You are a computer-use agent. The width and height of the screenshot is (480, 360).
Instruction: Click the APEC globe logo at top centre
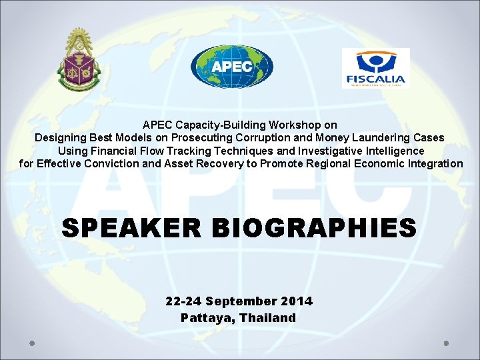pyautogui.click(x=231, y=67)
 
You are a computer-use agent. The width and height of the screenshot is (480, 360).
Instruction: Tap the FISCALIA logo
pyautogui.click(x=375, y=68)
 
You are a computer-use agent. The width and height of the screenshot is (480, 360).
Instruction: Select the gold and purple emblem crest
pyautogui.click(x=78, y=61)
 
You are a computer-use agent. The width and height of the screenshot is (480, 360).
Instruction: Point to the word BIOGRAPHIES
pyautogui.click(x=313, y=228)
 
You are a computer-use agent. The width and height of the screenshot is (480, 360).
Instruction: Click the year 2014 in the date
pyautogui.click(x=297, y=301)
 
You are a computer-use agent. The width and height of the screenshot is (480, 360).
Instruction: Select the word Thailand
pyautogui.click(x=268, y=318)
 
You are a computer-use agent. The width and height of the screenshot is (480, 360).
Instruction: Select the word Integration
pyautogui.click(x=433, y=163)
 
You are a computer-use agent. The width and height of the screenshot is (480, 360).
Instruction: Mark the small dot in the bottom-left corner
pyautogui.click(x=32, y=343)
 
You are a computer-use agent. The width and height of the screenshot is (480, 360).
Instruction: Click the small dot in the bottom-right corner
pyautogui.click(x=447, y=343)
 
